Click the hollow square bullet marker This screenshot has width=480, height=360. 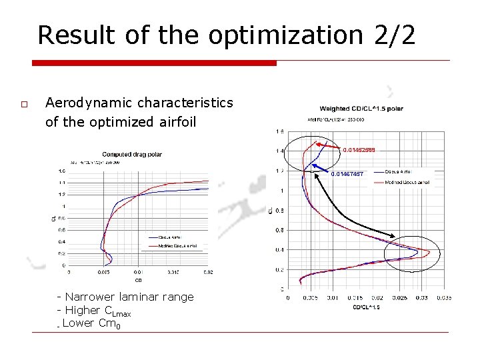pyautogui.click(x=24, y=105)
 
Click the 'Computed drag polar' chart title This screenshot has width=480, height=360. pyautogui.click(x=131, y=155)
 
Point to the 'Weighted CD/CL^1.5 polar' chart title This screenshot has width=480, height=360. pyautogui.click(x=361, y=109)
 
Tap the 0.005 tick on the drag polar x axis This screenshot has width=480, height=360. pyautogui.click(x=103, y=272)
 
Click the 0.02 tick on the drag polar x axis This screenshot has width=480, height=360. pyautogui.click(x=209, y=272)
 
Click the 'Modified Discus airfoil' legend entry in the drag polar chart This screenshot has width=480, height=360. pyautogui.click(x=177, y=246)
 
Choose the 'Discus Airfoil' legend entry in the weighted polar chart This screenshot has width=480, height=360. pyautogui.click(x=401, y=172)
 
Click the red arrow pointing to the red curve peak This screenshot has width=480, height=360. pyautogui.click(x=327, y=146)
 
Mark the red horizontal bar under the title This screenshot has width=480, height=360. pyautogui.click(x=153, y=63)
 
